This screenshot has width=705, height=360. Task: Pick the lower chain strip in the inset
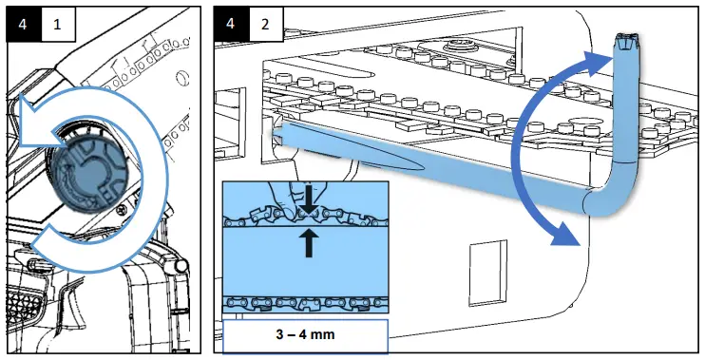pyautogui.click(x=304, y=303)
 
